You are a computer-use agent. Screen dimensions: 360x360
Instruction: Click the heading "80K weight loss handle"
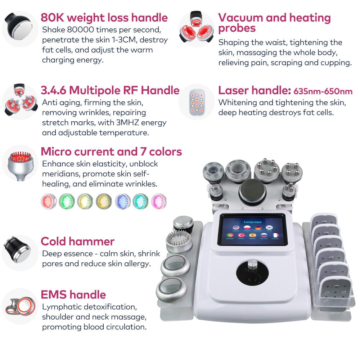104,18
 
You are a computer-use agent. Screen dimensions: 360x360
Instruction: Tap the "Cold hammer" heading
77,241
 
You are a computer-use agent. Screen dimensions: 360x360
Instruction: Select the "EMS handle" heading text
73,295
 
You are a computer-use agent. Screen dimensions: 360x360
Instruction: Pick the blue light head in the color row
122,201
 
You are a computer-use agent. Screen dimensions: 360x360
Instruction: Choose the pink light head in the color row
159,201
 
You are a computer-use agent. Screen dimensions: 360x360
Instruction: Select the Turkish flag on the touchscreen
240,235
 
